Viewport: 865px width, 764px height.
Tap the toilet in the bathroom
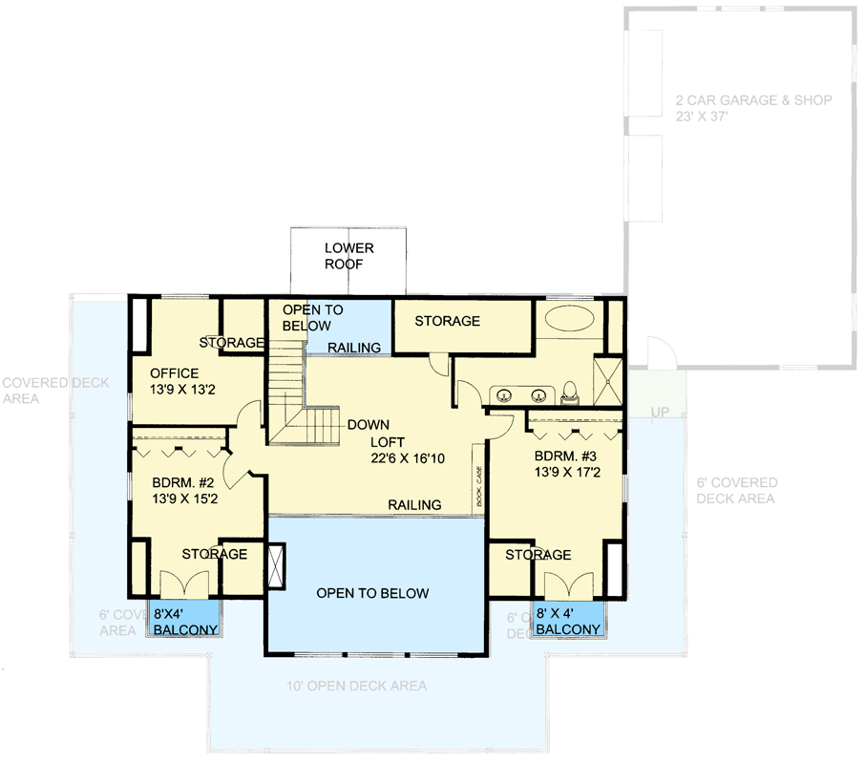(571, 391)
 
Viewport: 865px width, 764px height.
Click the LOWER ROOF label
(348, 256)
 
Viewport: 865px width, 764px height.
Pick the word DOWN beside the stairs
(367, 425)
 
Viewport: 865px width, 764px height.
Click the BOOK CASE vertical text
(479, 487)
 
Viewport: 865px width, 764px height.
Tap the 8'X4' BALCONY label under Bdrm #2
(185, 621)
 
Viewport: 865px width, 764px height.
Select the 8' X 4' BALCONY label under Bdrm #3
(568, 621)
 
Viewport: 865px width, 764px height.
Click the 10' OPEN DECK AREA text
(357, 686)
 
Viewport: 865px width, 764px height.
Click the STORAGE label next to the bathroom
(447, 321)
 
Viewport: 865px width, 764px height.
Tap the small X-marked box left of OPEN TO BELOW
(277, 563)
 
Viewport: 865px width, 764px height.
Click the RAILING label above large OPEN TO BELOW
(414, 504)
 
